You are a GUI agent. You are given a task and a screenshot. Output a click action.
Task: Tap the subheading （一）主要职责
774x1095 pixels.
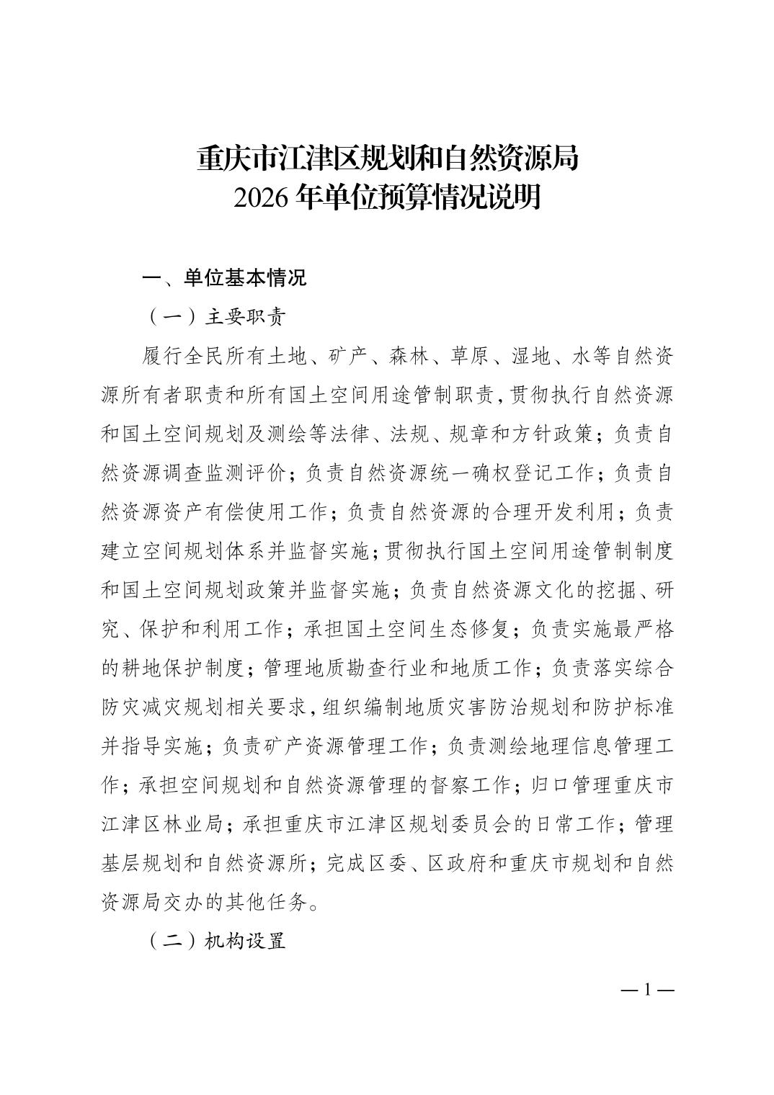tap(216, 317)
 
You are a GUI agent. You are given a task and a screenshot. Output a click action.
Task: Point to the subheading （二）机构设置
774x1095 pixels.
tap(216, 941)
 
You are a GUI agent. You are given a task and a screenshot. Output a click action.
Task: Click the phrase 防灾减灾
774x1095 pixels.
tap(143, 707)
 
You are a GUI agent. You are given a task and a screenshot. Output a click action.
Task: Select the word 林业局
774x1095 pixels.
tap(195, 824)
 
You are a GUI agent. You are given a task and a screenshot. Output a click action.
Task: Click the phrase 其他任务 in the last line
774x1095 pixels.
tap(267, 902)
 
